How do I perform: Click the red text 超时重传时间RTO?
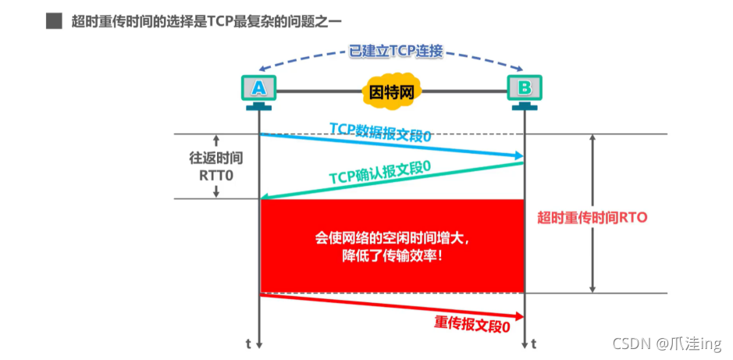pos(592,218)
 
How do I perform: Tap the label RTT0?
pos(216,175)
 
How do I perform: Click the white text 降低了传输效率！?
pos(392,254)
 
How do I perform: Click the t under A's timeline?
pos(249,343)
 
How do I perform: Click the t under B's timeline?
pos(534,343)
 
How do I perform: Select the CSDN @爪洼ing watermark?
pos(667,343)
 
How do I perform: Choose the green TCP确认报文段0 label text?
pos(380,173)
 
